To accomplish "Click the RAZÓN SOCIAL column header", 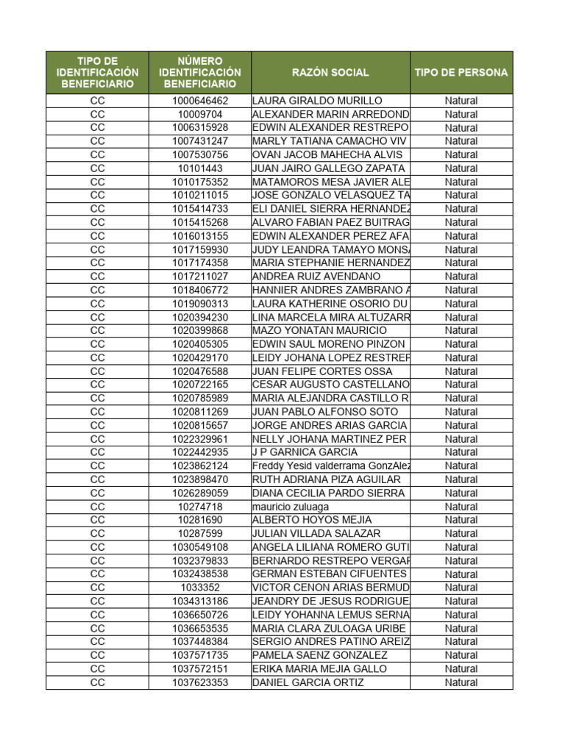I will point(330,73).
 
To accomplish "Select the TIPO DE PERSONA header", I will point(461,73).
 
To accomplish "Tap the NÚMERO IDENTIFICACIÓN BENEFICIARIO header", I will point(200,73).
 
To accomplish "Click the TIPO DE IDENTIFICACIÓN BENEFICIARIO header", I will point(97,73).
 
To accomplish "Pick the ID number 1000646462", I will point(200,101).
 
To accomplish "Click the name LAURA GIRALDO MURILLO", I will point(317,101).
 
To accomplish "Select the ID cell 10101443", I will point(200,168).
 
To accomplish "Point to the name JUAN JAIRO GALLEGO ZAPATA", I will point(330,168).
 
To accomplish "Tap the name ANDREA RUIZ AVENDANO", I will point(316,276).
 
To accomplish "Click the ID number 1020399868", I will point(200,331).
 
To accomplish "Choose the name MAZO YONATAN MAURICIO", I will point(319,331).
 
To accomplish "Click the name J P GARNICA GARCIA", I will point(305,452).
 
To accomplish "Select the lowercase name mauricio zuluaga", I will point(291,507).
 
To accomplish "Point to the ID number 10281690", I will point(200,520).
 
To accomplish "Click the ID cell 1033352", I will point(200,588).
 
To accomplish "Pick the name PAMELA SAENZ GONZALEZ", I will point(319,655).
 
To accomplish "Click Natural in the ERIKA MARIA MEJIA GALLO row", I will point(461,668).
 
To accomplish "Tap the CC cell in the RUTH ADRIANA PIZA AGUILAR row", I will point(97,479).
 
